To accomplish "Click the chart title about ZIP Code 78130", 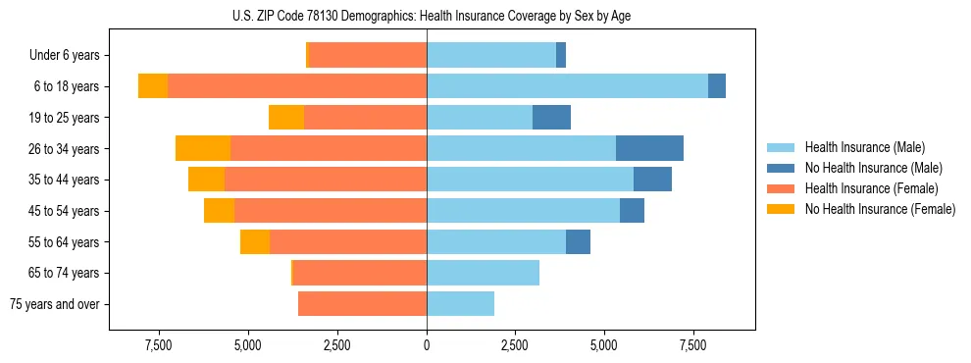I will click(x=427, y=16).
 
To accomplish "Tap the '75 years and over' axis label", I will click(x=55, y=304).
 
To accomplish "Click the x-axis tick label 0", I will click(x=427, y=345).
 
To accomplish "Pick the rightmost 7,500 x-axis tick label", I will click(x=693, y=345).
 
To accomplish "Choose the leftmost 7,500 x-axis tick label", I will click(x=159, y=345).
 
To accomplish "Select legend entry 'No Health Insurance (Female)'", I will click(x=880, y=209).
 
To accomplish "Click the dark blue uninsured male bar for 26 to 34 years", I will click(x=649, y=148).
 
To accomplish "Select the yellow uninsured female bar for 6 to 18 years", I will click(x=153, y=86).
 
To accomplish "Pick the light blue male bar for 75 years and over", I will click(x=460, y=304).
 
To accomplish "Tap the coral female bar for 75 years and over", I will click(x=362, y=304).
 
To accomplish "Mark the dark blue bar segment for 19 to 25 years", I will click(x=551, y=118).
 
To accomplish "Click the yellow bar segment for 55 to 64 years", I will click(x=255, y=242).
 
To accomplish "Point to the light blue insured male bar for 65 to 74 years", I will click(x=483, y=273).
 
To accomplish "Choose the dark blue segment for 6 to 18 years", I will click(x=717, y=86).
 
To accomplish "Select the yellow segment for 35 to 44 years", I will click(x=206, y=180).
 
